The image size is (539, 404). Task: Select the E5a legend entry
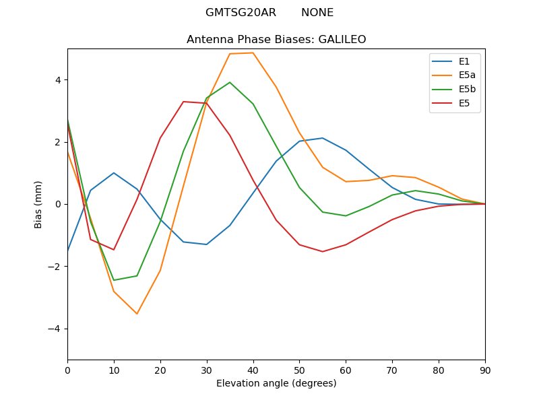[x=453, y=75]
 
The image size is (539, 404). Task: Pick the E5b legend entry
[x=453, y=90]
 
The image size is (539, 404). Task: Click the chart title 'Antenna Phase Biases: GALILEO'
[x=276, y=40]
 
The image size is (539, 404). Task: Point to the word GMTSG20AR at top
[x=241, y=13]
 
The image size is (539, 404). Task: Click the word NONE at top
[x=317, y=13]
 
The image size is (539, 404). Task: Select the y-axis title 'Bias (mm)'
[x=38, y=205]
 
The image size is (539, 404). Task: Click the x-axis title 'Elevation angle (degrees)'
[x=276, y=383]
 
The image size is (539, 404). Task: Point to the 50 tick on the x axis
[x=299, y=371]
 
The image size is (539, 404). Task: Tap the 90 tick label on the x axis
[x=485, y=371]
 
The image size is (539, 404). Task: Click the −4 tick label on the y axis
[x=55, y=329]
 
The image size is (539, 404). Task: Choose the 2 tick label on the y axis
[x=58, y=142]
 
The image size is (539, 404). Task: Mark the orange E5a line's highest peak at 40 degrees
[x=253, y=53]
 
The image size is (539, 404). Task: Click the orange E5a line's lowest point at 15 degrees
[x=137, y=314]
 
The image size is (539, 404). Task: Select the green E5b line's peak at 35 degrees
[x=230, y=82]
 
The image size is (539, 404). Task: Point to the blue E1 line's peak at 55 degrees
[x=323, y=138]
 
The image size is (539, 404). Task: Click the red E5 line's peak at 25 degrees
[x=183, y=102]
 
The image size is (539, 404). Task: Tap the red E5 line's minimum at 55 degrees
[x=323, y=251]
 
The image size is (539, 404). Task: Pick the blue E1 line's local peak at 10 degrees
[x=114, y=173]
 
